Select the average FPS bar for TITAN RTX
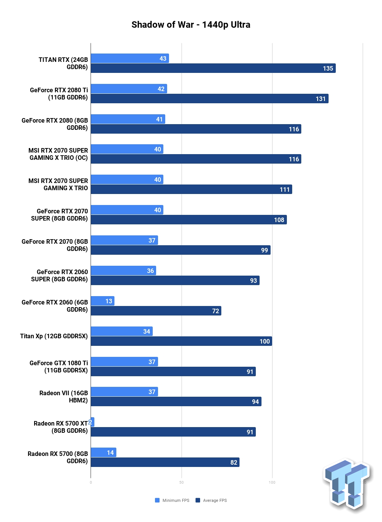tap(213, 68)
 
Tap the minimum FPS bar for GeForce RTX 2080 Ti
tap(129, 89)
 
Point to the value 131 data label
tap(320, 99)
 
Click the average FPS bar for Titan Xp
tap(182, 341)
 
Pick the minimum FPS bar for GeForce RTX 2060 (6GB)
tap(103, 301)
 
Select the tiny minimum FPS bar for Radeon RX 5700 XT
tap(92, 422)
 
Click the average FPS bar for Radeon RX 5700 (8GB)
tap(165, 462)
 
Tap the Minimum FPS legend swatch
tap(157, 500)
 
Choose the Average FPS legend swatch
tap(198, 500)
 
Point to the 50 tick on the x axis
tap(182, 483)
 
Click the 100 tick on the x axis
tap(272, 483)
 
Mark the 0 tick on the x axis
tap(91, 483)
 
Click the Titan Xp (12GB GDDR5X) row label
tap(54, 336)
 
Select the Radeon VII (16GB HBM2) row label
tap(64, 397)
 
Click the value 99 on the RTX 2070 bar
tap(264, 250)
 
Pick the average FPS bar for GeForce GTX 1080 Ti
tap(173, 371)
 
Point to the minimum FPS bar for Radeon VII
tap(124, 391)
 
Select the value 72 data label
tap(215, 311)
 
